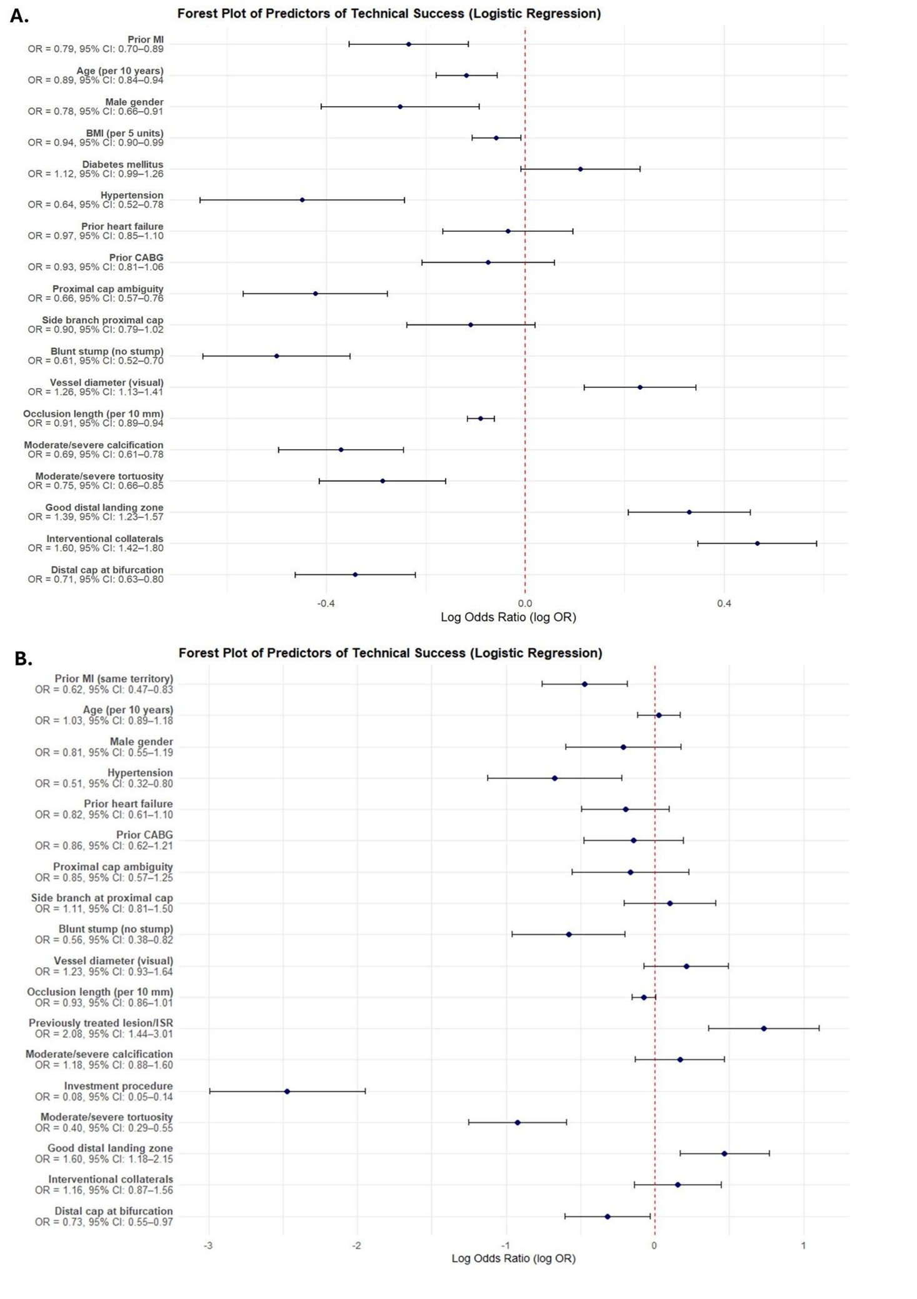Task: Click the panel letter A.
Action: coord(19,16)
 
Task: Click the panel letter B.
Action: coord(23,659)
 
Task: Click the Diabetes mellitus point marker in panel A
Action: coord(580,169)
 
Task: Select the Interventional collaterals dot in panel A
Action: coord(757,543)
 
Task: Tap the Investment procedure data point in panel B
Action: coord(287,1091)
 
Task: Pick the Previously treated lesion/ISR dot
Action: coord(764,1028)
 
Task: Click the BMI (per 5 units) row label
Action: coord(124,133)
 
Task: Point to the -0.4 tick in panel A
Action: coord(326,604)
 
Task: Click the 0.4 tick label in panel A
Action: coord(724,604)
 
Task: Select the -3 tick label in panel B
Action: coord(208,1245)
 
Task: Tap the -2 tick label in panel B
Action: coord(356,1245)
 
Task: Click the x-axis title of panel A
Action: coord(508,617)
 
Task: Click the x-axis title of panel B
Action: coord(513,1258)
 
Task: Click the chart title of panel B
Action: coord(390,653)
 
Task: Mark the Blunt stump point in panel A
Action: coord(276,356)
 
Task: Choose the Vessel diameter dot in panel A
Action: coord(639,387)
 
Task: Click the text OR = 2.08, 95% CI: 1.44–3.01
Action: coord(104,1033)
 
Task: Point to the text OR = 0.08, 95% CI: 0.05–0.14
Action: coord(104,1097)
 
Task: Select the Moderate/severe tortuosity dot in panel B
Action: coord(517,1122)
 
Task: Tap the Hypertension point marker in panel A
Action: coord(302,200)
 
